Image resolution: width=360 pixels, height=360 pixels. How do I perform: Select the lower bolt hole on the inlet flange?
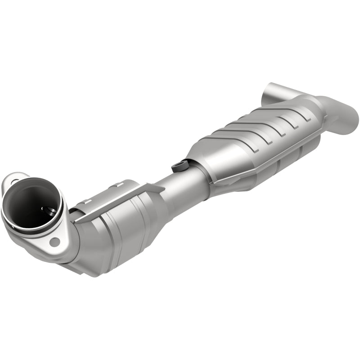(55, 242)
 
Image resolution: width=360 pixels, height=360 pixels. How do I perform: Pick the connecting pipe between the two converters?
(180, 184)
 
